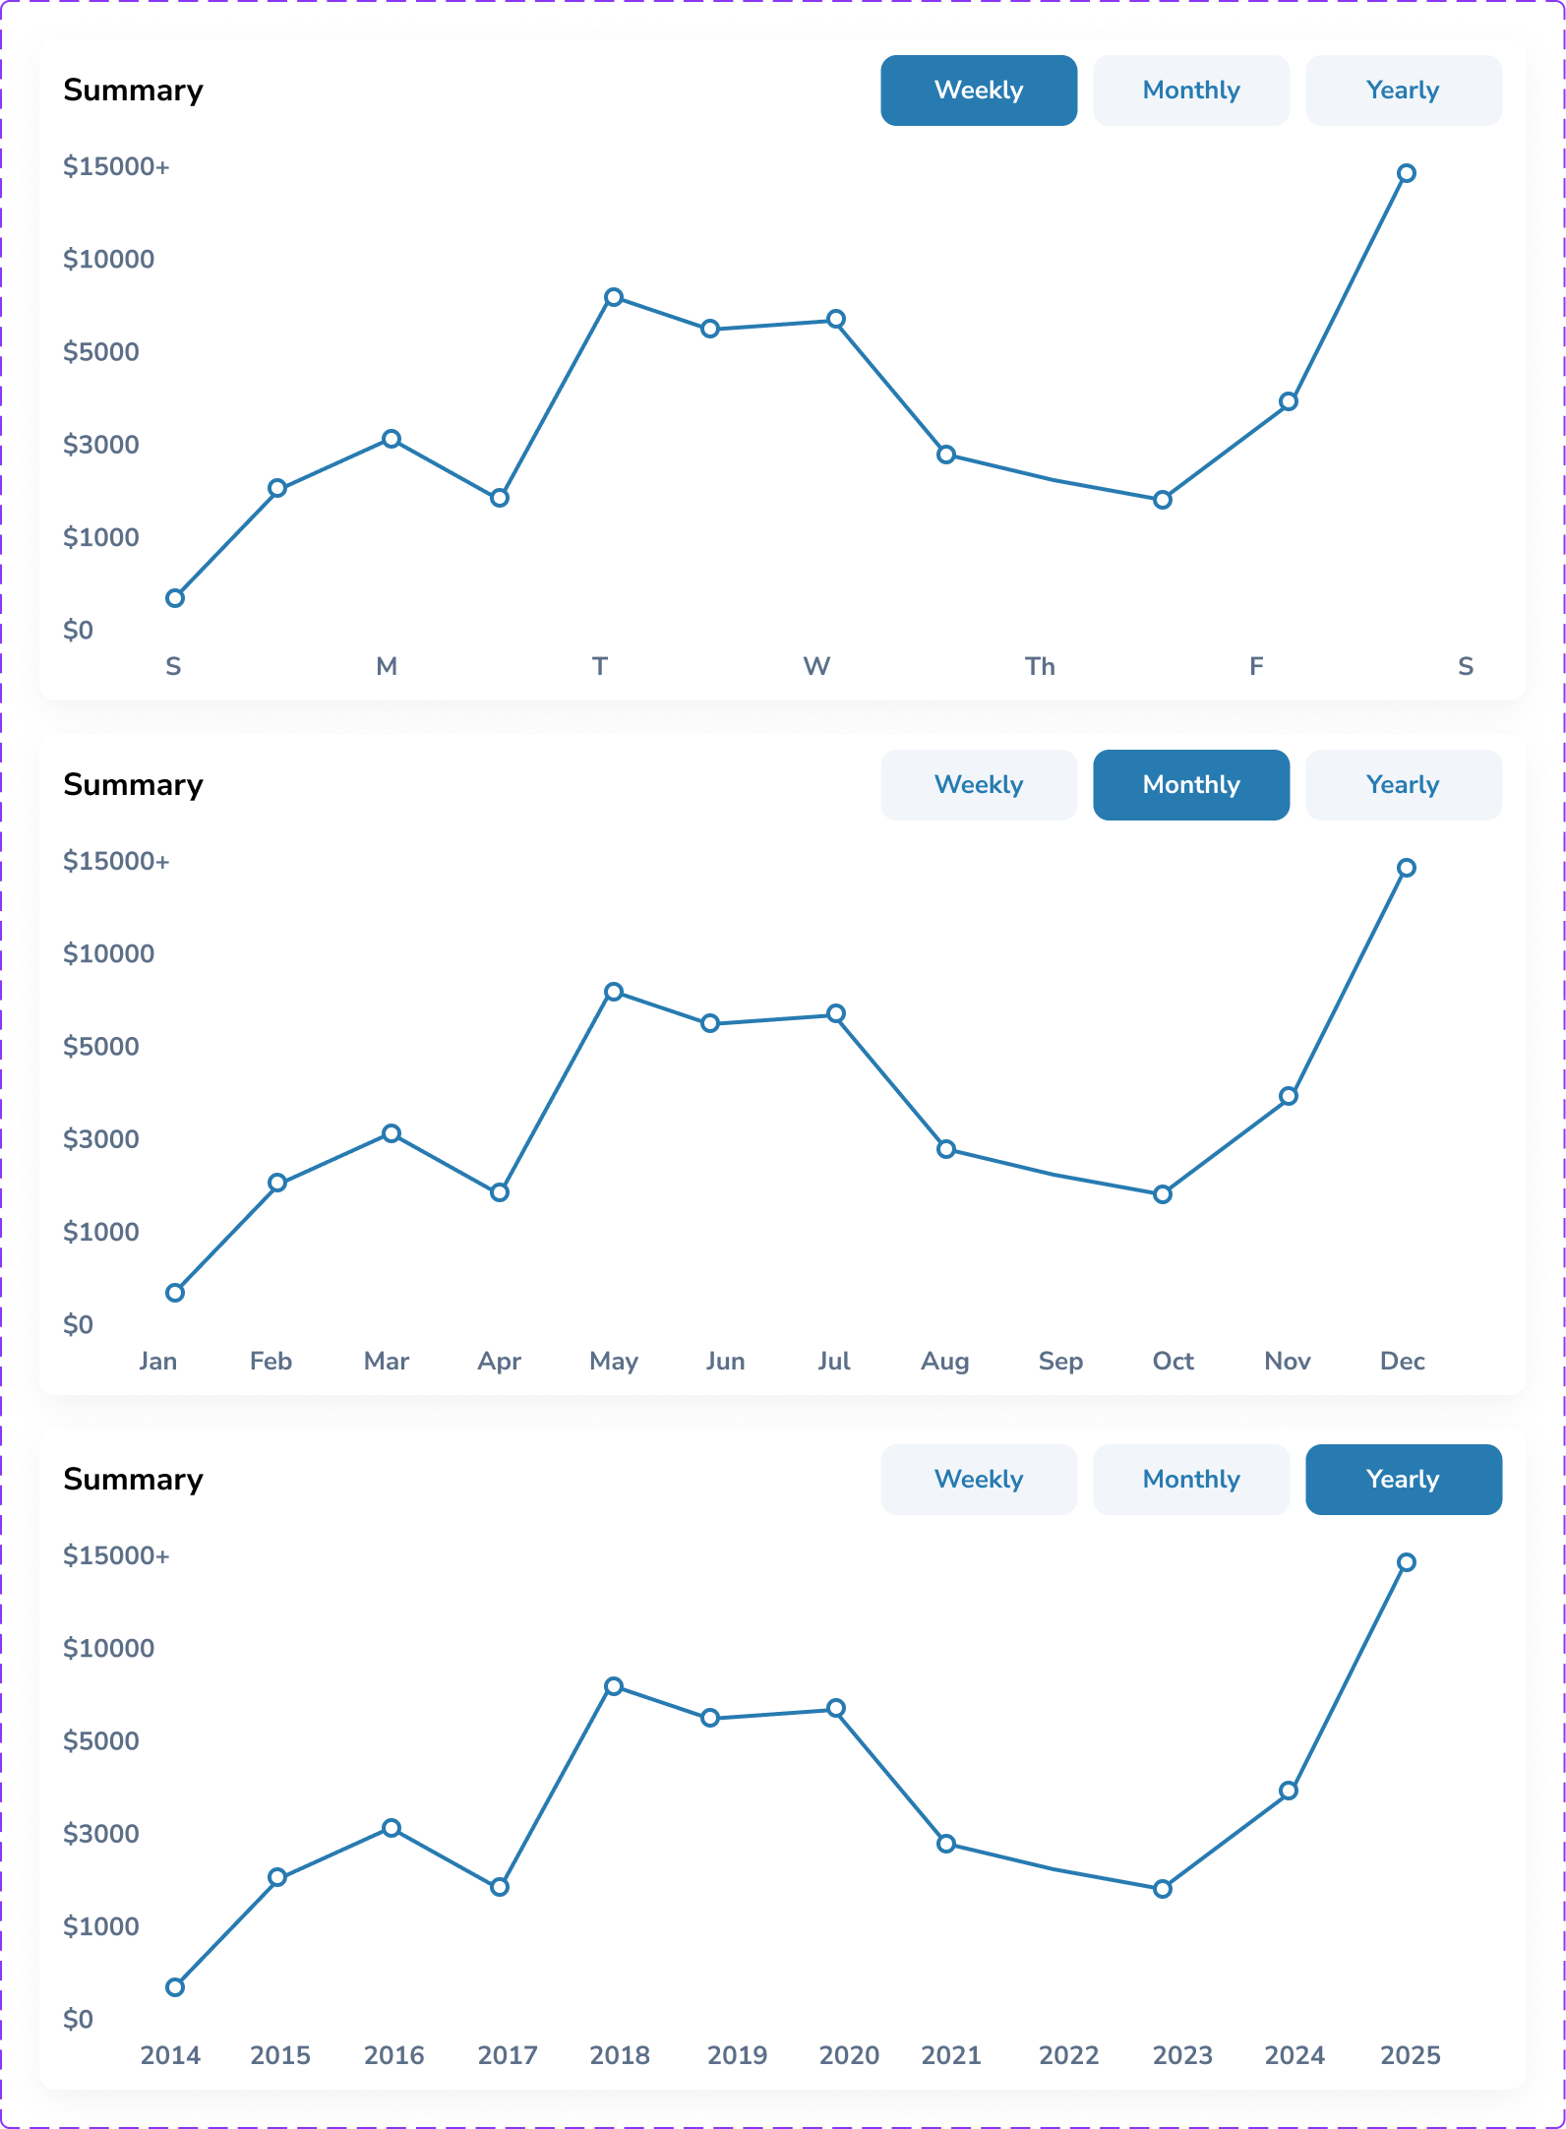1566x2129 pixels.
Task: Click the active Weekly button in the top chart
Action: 978,91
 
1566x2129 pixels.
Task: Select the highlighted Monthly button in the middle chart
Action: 1190,785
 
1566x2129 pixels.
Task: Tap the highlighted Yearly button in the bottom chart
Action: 1403,1480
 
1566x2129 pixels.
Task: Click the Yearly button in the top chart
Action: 1403,91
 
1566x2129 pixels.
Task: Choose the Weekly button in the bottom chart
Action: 978,1480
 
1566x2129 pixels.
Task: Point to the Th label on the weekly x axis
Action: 1040,667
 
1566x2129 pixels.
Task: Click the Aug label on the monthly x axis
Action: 944,1362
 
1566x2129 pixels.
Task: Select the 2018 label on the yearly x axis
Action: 619,2055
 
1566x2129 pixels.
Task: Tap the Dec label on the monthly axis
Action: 1402,1362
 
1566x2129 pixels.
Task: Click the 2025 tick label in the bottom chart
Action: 1410,2055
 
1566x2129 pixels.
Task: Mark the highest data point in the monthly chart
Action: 1407,868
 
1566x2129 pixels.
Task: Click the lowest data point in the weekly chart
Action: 175,598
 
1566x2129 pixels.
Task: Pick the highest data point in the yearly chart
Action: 1407,1562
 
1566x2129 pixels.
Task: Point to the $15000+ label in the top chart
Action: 116,167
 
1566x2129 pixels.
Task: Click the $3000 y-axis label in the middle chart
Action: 101,1139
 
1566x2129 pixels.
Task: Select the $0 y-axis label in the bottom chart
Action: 79,2020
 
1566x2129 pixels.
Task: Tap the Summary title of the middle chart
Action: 133,785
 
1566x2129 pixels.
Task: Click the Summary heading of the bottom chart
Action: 133,1480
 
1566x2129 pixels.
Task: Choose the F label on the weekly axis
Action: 1256,667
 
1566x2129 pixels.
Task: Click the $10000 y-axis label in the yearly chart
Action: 108,1649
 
